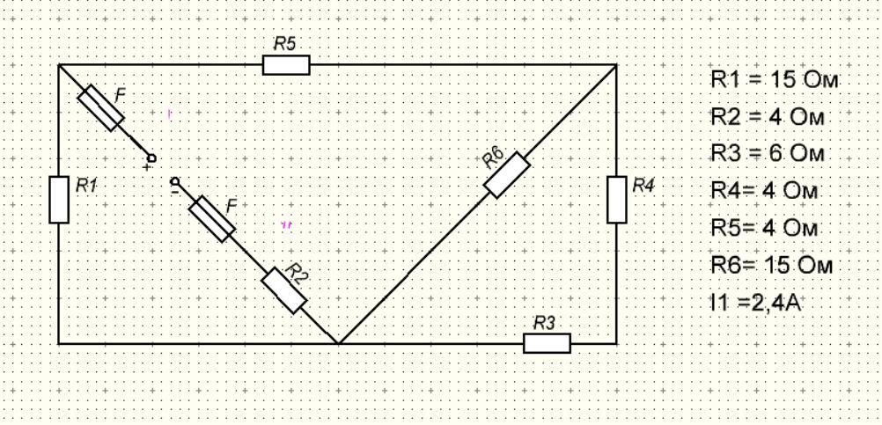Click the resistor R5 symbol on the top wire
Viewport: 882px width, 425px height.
(x=286, y=65)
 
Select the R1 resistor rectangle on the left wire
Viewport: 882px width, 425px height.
(x=59, y=199)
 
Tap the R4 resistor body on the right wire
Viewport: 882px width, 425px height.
(x=617, y=199)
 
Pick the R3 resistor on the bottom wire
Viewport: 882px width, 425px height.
(x=547, y=342)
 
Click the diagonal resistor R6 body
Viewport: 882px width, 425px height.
(x=507, y=175)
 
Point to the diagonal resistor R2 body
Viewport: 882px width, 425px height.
(x=284, y=289)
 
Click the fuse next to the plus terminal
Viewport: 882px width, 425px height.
(x=100, y=108)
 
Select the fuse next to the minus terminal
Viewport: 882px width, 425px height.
(x=212, y=219)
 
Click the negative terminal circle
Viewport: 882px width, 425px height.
(x=173, y=180)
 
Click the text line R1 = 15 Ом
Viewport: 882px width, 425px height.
(x=774, y=80)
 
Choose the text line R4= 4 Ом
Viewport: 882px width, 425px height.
(x=764, y=191)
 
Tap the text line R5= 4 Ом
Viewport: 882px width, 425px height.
(x=764, y=228)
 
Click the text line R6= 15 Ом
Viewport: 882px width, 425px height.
(x=770, y=265)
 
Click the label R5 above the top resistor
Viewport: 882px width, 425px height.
(x=284, y=45)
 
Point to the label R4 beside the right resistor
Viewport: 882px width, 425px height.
(x=644, y=185)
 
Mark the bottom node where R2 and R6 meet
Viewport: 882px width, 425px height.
(x=339, y=342)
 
